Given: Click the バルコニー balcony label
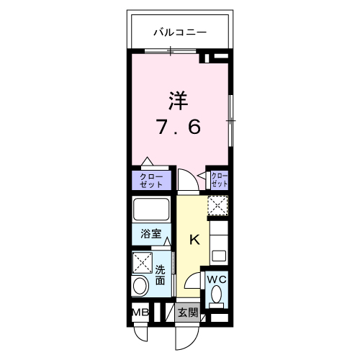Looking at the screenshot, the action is tap(180, 32).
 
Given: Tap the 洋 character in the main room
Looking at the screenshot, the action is tap(179, 101).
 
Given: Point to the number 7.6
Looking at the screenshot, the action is tap(179, 127).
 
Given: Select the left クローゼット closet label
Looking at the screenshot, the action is tap(151, 181).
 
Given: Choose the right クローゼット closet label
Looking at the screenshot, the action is tap(220, 180).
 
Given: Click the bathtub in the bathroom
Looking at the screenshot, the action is tap(151, 210).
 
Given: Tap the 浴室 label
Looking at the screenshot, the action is tap(151, 233).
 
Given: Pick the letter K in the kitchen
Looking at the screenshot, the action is tap(194, 240).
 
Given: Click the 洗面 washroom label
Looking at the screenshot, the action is tap(160, 275).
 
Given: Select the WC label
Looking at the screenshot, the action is tap(217, 279).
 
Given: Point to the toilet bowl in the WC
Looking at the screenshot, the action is tap(217, 294).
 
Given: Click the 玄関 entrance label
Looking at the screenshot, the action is tap(188, 312).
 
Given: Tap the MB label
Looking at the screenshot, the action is tap(140, 312).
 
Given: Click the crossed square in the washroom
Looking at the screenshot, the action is tap(143, 262).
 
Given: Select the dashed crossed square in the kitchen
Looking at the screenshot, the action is tap(217, 205).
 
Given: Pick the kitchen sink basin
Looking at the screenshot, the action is tap(218, 256).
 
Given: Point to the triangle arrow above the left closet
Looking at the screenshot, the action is tap(147, 161).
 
